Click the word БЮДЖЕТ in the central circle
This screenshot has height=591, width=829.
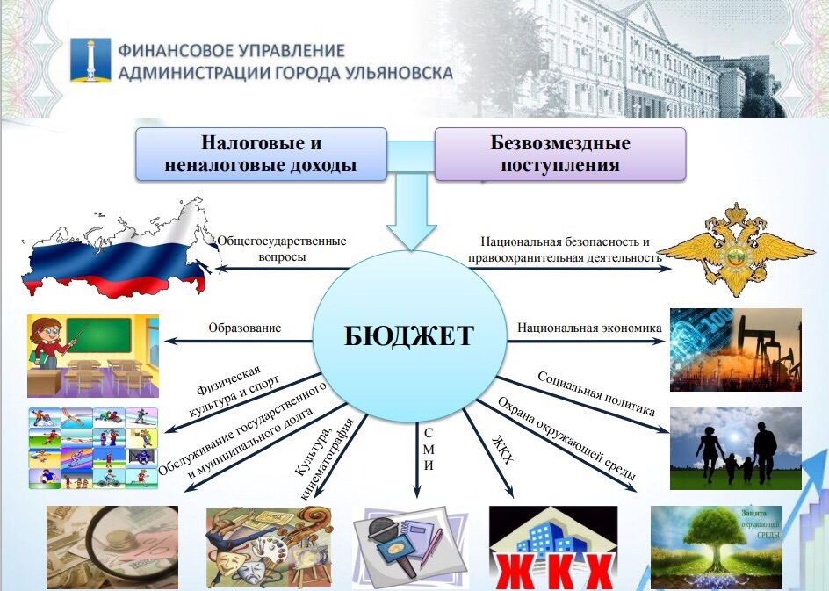coord(408,335)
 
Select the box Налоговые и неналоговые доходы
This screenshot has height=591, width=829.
coord(261,154)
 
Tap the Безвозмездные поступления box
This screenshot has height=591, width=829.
coord(560,154)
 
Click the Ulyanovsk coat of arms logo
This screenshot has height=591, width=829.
coord(90,59)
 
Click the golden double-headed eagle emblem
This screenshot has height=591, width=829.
coord(736,249)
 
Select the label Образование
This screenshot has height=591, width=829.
coord(244,328)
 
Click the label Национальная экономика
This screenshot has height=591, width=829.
coord(589,328)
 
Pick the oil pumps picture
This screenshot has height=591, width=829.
coord(735,350)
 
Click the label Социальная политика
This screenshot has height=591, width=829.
coord(595,393)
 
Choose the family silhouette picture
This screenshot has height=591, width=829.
coord(735,448)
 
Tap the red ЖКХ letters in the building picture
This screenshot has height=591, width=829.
coord(553,573)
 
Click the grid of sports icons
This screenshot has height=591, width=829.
coord(93,448)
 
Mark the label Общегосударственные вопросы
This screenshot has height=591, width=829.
coord(282,249)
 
